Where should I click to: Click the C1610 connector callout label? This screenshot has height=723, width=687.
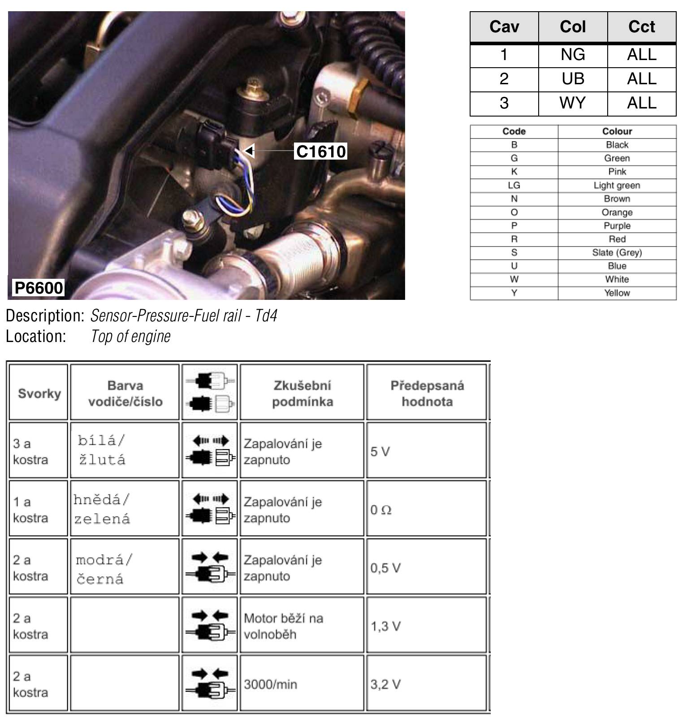click(x=321, y=152)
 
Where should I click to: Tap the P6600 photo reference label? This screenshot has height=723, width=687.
click(x=39, y=287)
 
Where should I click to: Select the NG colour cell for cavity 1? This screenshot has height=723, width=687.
click(x=572, y=55)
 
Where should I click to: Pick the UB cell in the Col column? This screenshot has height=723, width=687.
click(x=572, y=79)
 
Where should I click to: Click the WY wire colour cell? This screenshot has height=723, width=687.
click(x=572, y=103)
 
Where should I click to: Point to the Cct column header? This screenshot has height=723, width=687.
click(x=641, y=27)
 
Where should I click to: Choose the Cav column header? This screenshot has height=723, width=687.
click(x=504, y=27)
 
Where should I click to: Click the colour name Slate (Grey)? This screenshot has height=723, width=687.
click(x=617, y=252)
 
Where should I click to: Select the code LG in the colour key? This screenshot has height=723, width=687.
click(x=514, y=185)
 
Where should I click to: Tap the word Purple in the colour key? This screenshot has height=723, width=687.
click(x=617, y=225)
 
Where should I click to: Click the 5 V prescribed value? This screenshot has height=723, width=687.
click(x=380, y=451)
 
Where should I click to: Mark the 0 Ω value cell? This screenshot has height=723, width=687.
click(x=381, y=510)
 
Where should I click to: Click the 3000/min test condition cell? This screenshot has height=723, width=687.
click(x=270, y=684)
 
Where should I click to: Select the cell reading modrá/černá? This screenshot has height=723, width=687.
click(x=104, y=569)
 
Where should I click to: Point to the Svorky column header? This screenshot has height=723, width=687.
click(x=39, y=393)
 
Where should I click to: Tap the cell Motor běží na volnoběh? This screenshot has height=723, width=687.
click(x=283, y=626)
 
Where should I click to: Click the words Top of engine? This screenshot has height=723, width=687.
click(x=130, y=336)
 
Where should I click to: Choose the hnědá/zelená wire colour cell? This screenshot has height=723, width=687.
click(x=102, y=509)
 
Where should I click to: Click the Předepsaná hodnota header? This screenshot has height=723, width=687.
click(x=427, y=393)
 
